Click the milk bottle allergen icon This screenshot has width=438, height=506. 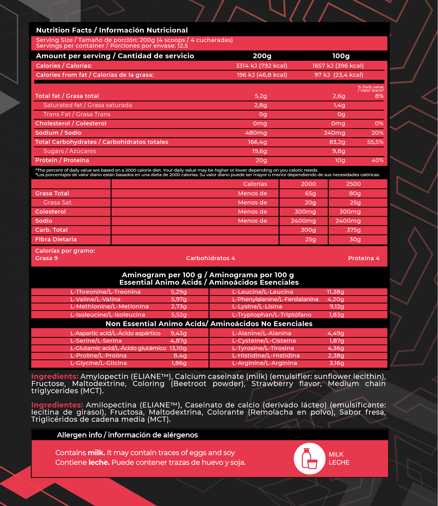tap(309, 458)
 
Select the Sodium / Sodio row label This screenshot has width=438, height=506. tap(58, 133)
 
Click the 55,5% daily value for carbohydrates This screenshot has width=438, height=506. tap(375, 142)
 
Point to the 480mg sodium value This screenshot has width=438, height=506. tap(256, 133)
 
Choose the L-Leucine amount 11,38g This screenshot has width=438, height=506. tap(335, 292)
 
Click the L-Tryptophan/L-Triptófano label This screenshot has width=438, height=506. tap(272, 315)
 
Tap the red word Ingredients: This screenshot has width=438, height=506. tap(54, 376)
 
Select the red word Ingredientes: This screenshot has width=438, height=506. tap(57, 405)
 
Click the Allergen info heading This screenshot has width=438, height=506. tap(127, 435)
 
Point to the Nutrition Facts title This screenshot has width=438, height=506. tap(112, 30)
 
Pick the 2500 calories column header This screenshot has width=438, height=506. tap(353, 184)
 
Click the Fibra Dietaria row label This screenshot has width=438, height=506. tap(56, 239)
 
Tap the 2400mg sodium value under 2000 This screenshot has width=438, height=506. tap(303, 221)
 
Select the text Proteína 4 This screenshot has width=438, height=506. tap(364, 258)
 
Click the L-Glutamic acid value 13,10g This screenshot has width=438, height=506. tap(178, 348)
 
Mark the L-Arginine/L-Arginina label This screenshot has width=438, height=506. tap(264, 363)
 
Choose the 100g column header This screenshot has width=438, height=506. tap(341, 56)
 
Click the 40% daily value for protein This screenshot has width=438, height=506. tap(377, 160)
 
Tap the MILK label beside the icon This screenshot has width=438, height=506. tap(336, 454)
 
